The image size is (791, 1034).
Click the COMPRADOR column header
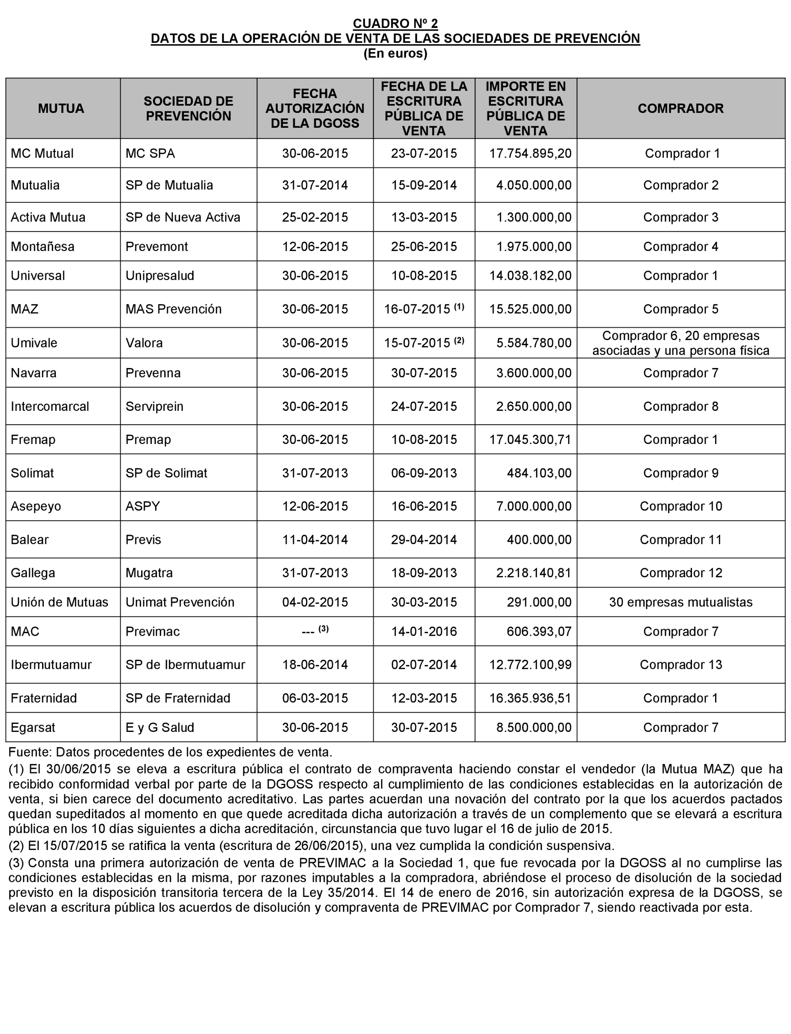click(x=680, y=108)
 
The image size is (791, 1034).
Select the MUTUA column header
click(x=61, y=108)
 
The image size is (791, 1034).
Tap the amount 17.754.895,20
click(x=530, y=153)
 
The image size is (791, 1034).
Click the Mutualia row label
click(x=35, y=185)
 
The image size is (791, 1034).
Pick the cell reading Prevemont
click(x=156, y=246)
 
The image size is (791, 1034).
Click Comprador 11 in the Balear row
click(x=680, y=540)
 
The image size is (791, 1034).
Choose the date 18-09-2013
click(x=424, y=573)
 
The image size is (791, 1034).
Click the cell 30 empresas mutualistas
click(x=680, y=602)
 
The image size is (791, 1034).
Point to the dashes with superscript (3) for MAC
click(x=315, y=631)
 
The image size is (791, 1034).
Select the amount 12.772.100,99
click(x=530, y=665)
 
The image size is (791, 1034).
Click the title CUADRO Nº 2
click(x=395, y=23)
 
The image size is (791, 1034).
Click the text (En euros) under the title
click(x=395, y=54)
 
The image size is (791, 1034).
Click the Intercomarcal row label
click(x=50, y=406)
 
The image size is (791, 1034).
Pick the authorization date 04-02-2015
click(x=315, y=602)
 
